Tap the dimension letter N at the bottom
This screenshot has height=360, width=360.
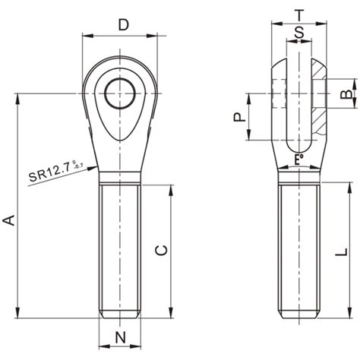tap(119, 337)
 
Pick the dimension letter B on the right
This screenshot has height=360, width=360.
tap(344, 94)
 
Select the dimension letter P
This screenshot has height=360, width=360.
tap(238, 117)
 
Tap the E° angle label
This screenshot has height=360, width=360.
tap(298, 160)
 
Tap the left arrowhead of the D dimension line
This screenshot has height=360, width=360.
tap(85, 36)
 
